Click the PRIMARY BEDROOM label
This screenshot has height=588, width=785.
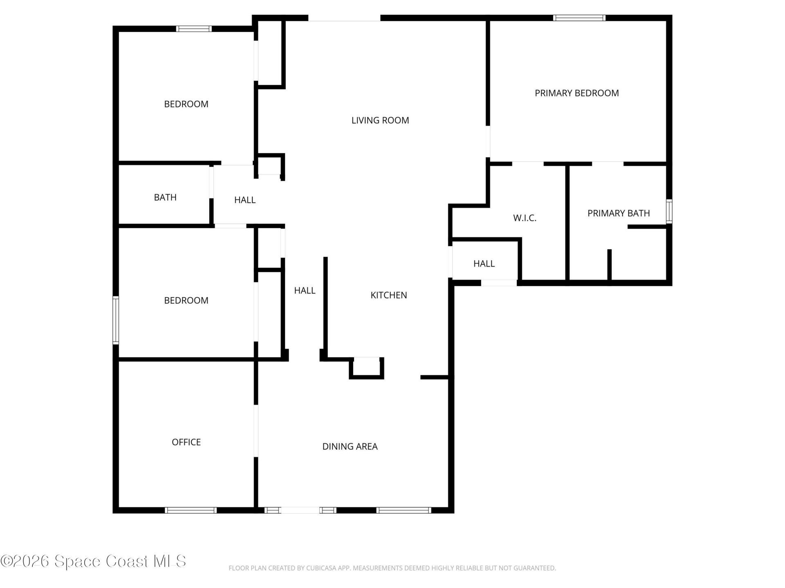576,93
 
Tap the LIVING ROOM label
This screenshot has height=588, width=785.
380,120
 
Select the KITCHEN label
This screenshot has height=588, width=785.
388,295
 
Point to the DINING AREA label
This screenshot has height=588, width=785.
350,447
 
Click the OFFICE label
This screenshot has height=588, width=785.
186,442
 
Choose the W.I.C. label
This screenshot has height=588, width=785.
525,218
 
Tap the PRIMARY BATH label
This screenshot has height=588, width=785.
618,213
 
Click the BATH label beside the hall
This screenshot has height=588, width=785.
165,198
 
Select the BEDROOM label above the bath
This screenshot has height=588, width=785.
186,104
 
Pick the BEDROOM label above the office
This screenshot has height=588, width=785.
186,301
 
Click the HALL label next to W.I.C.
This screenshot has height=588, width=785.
484,264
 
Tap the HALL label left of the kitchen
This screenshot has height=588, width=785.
305,291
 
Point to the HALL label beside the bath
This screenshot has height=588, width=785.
244,200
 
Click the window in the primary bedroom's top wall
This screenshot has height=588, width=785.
579,18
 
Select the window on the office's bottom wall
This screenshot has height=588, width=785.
191,510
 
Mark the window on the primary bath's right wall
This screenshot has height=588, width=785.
669,211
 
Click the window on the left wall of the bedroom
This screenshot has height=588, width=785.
116,321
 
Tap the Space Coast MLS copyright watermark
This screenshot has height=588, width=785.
93,561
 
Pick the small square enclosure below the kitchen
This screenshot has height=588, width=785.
366,367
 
